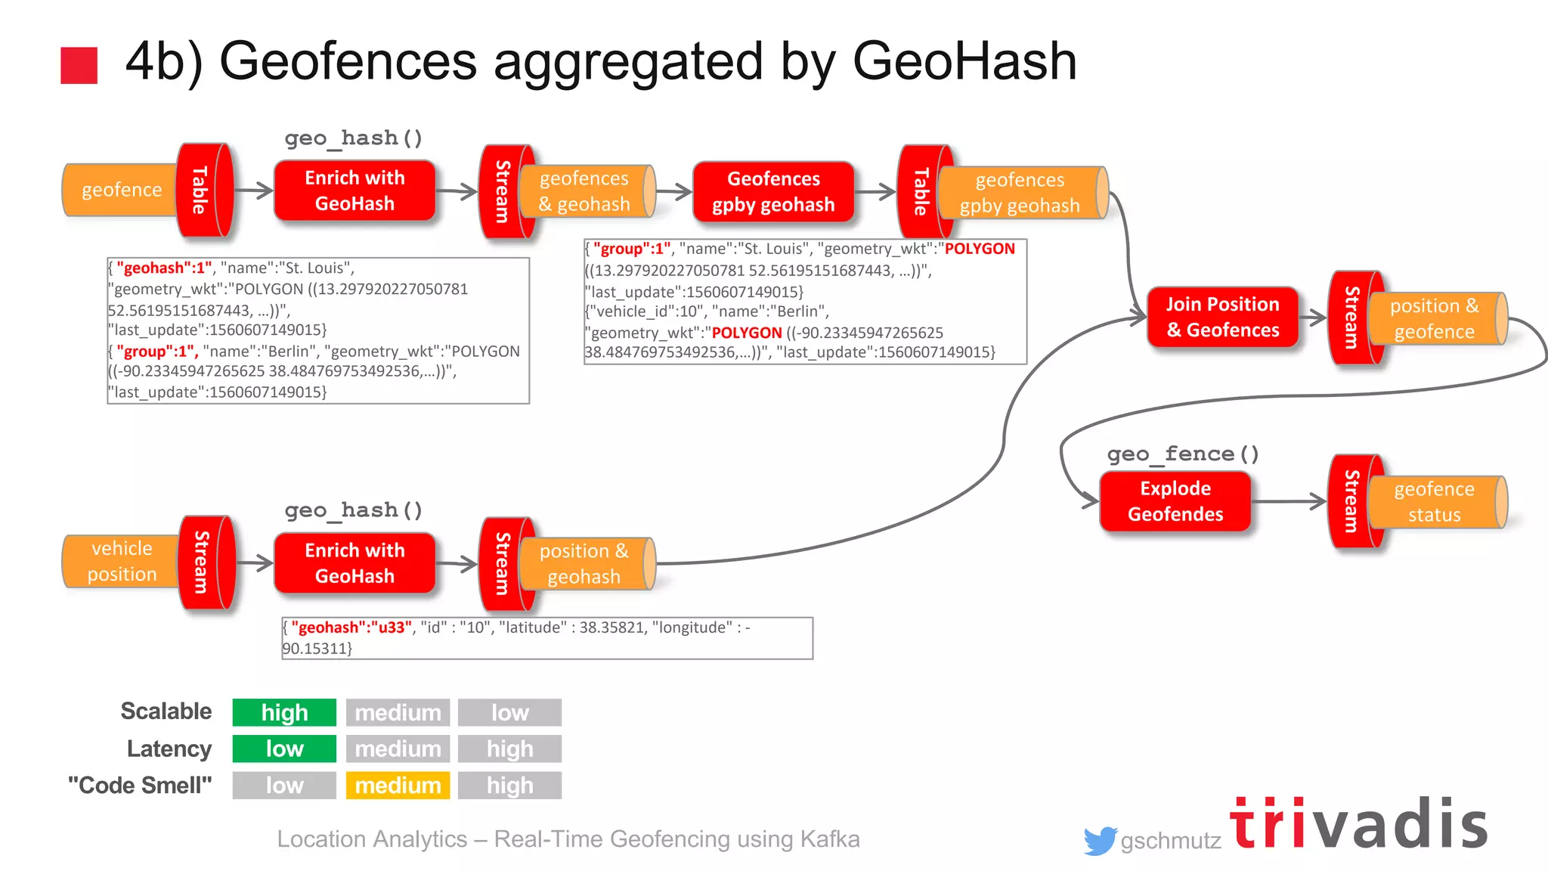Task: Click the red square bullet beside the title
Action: point(79,65)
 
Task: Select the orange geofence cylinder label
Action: point(121,190)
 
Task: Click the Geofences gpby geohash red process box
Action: point(772,191)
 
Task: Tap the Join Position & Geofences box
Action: point(1222,317)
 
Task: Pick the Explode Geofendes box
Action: point(1175,501)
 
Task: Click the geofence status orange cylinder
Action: point(1434,501)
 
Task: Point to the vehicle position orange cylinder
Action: point(121,561)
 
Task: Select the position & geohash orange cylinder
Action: point(584,564)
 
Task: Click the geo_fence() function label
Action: point(1183,454)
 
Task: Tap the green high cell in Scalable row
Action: point(284,712)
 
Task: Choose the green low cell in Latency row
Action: point(284,749)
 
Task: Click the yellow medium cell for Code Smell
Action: point(398,785)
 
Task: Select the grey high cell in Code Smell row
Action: point(509,785)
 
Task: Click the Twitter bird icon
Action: point(1099,840)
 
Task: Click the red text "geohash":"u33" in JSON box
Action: point(351,628)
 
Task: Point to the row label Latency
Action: point(169,749)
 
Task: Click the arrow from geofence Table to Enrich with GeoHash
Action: point(254,191)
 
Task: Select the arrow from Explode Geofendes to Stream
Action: point(1289,501)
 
